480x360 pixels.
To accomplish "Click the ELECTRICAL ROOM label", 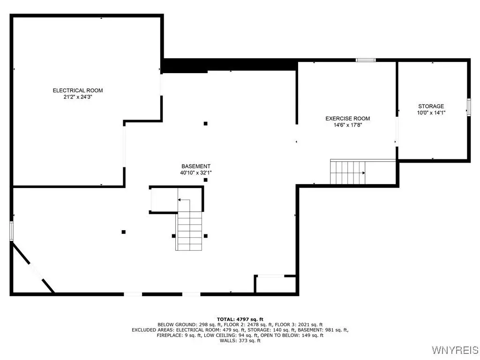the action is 78,90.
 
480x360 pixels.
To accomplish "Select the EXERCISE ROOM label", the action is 347,119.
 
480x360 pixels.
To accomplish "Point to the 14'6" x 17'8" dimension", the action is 348,125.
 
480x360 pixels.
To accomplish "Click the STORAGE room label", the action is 431,106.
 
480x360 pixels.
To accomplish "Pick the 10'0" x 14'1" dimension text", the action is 431,112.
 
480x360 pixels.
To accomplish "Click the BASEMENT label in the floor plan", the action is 196,166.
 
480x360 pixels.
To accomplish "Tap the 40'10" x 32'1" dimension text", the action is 196,172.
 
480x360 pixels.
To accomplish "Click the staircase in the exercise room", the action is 348,172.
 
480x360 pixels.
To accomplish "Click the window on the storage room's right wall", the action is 469,107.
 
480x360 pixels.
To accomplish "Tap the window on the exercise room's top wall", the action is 366,60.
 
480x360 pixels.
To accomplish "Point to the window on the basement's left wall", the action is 11,231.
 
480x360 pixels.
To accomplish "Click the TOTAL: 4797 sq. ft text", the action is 240,319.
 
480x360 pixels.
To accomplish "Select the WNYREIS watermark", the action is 455,350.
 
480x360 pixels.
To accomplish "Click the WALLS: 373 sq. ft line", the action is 240,340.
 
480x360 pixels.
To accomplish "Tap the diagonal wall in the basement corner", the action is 33,267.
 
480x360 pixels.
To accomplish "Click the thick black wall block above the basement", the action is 230,66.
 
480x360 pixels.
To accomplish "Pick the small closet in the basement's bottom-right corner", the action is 276,285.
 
